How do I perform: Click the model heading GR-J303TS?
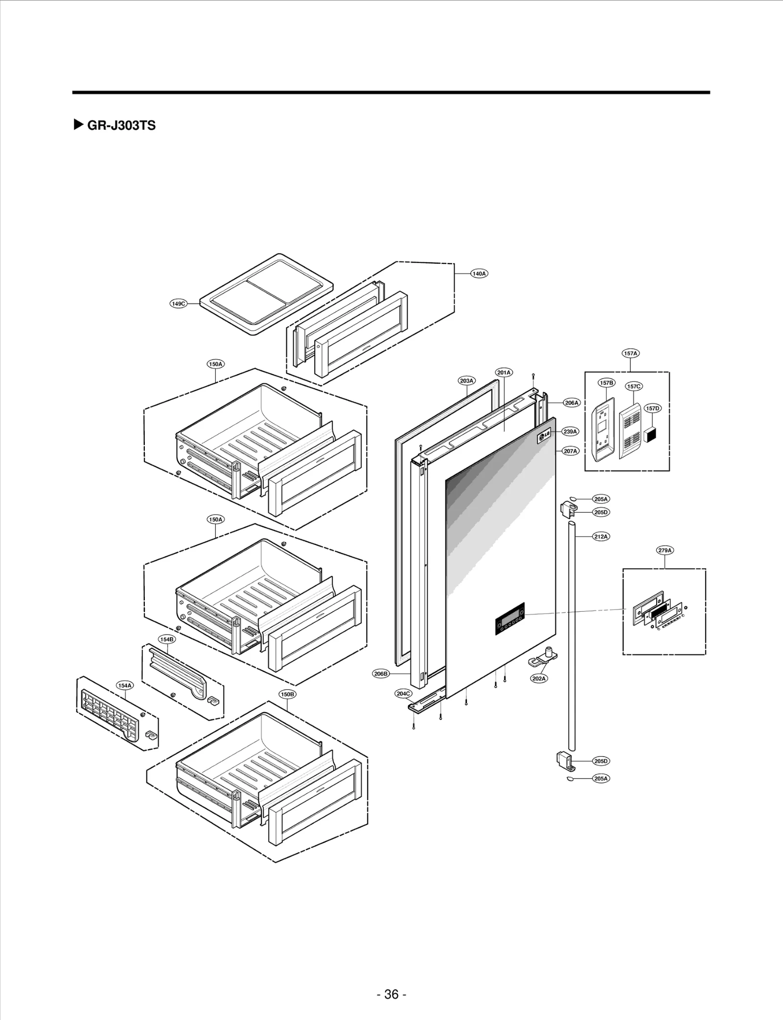point(121,126)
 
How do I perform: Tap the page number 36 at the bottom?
point(391,980)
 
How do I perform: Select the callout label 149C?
point(179,304)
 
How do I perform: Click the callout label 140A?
point(479,273)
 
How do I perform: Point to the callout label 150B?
point(287,694)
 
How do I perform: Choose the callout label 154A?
point(125,686)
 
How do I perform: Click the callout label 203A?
point(466,380)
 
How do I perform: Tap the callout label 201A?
point(504,373)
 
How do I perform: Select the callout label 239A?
point(571,431)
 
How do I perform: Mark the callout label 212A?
point(601,536)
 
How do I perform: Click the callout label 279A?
point(665,550)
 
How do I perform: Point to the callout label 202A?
point(539,678)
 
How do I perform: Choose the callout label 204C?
point(404,693)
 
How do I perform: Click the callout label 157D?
point(652,408)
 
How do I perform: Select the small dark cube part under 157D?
point(650,434)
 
